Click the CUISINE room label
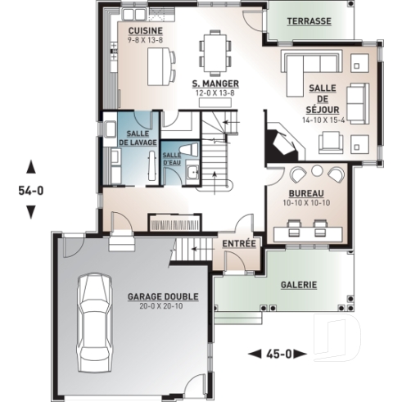tap(144, 29)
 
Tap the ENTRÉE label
tap(240, 243)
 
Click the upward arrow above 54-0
tap(31, 166)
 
